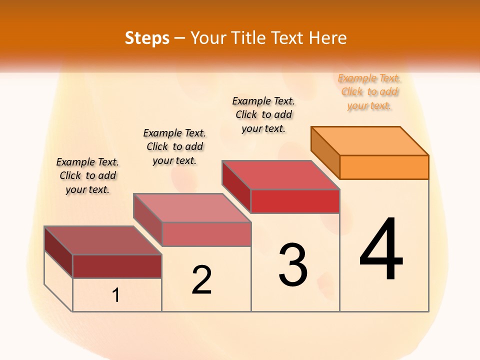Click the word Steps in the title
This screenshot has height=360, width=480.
tap(147, 38)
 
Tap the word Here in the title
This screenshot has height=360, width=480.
tap(327, 38)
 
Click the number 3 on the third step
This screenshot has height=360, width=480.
tap(293, 264)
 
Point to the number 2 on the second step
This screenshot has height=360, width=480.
tap(201, 280)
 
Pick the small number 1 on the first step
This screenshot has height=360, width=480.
tap(116, 295)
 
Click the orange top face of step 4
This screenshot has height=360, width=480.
tap(369, 141)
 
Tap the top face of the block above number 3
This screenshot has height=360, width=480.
tap(280, 175)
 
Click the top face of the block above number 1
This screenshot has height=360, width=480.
tap(103, 240)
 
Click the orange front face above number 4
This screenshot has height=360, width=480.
tap(384, 167)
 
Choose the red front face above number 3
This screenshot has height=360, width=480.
tap(295, 201)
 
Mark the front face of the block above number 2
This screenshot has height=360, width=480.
tap(206, 234)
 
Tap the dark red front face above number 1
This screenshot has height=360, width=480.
tap(117, 266)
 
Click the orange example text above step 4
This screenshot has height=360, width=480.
tap(369, 92)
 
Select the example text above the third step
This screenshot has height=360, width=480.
tap(263, 114)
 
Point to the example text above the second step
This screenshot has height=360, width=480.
tap(174, 146)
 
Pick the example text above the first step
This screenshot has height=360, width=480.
tap(87, 175)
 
